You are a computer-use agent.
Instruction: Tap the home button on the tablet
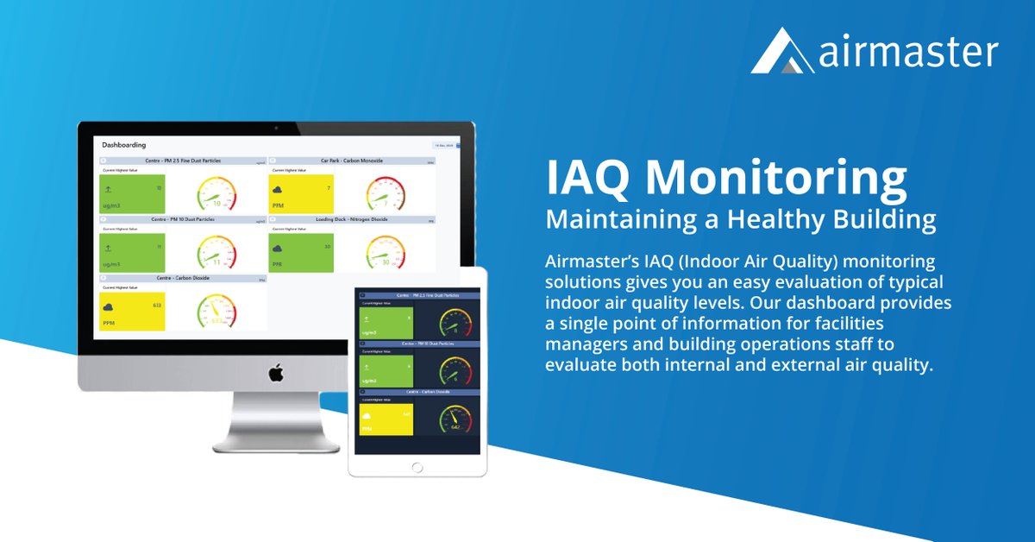417,467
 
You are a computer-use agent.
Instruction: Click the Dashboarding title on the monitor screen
124,145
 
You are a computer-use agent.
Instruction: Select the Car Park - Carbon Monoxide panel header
351,161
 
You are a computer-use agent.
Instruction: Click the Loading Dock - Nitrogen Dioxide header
351,220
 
